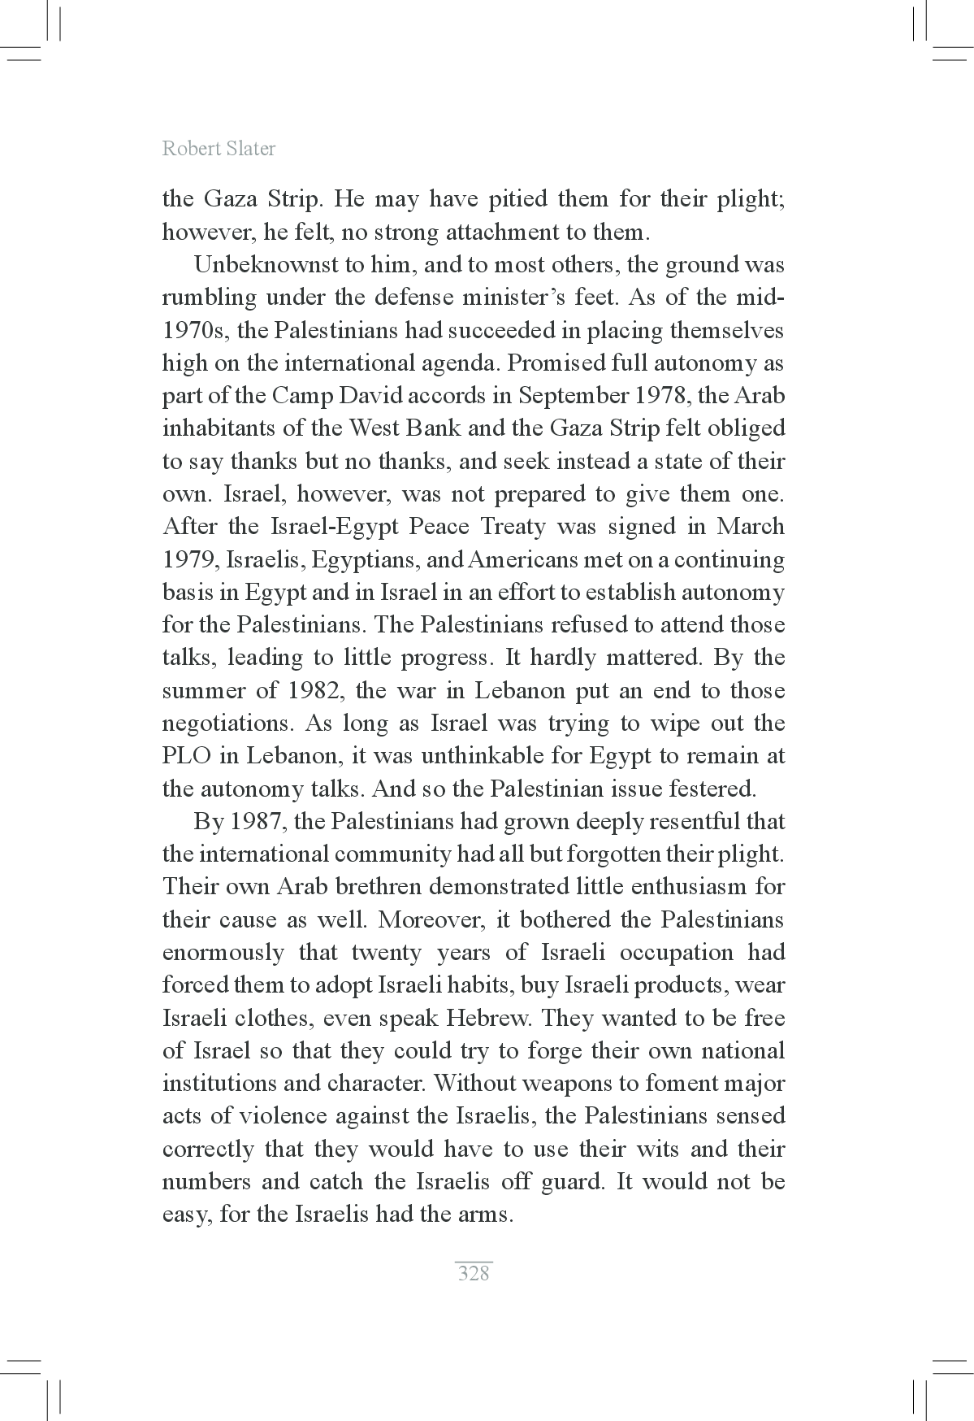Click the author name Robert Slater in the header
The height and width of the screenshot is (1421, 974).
click(x=219, y=149)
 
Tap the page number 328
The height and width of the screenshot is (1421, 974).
click(x=474, y=1273)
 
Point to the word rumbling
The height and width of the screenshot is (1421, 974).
click(x=209, y=298)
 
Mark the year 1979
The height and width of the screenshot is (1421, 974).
click(x=190, y=560)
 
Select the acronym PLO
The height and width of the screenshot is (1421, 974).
click(x=187, y=756)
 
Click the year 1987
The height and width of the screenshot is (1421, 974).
click(x=255, y=822)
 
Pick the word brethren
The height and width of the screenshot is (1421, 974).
click(x=365, y=887)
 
